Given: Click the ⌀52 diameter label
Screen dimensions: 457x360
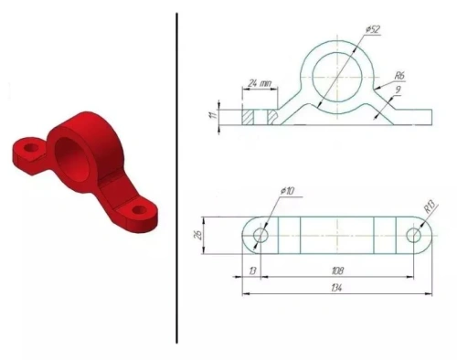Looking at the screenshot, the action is [x=373, y=29].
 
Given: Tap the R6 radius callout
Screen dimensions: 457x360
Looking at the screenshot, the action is [x=399, y=76].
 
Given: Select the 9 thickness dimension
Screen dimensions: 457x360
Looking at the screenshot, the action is [x=398, y=90].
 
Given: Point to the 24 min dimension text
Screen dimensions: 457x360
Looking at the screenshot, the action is [x=260, y=83].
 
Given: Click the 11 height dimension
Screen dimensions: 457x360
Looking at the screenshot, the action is [x=214, y=114].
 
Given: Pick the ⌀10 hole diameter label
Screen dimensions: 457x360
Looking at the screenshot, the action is [x=287, y=191].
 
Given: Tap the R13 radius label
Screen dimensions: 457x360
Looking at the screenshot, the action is [x=430, y=206].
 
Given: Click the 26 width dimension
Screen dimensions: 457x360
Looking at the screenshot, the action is [x=198, y=235].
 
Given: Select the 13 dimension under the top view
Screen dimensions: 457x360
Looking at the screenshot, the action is [x=252, y=271].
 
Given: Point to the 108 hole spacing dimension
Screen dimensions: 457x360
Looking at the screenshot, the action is [x=337, y=270].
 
